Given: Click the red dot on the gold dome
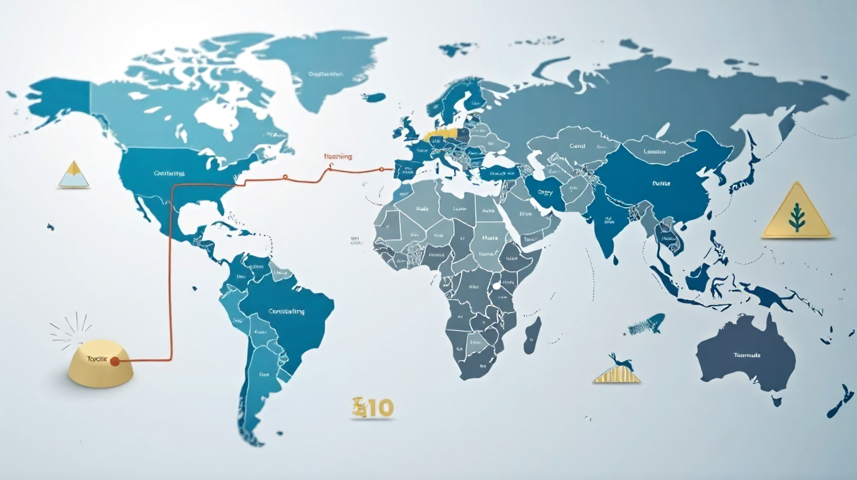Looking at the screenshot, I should tap(115, 361).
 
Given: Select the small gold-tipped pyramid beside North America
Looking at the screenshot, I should tap(73, 174).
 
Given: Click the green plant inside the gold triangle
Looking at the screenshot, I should tap(796, 216).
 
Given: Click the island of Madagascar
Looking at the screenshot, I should tap(532, 335).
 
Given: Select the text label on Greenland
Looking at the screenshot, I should tap(326, 74).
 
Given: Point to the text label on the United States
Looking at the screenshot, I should tap(169, 173).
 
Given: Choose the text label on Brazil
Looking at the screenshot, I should tap(286, 311).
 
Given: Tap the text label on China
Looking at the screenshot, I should tap(661, 184).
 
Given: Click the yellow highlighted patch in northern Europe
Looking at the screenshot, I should tap(438, 133).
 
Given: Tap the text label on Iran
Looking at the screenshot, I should tap(546, 192).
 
